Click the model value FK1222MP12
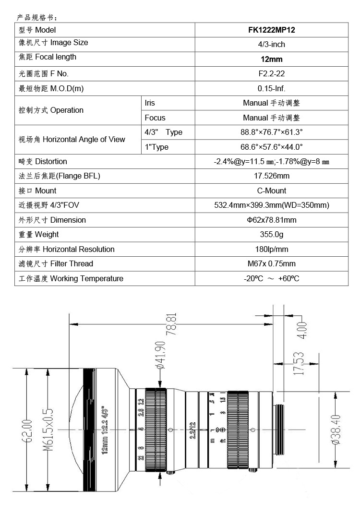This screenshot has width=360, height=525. click(x=271, y=30)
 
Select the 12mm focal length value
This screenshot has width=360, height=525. click(x=271, y=60)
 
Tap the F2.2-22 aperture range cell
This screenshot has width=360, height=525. click(x=271, y=74)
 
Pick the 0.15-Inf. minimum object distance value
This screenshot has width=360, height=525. click(x=271, y=89)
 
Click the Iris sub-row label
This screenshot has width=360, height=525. click(x=150, y=103)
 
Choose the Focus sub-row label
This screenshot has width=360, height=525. click(x=155, y=118)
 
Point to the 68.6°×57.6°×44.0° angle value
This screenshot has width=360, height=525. click(x=271, y=147)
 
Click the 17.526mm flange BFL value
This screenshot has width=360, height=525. click(x=271, y=176)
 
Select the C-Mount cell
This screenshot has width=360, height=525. click(x=271, y=191)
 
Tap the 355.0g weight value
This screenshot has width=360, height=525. click(x=271, y=235)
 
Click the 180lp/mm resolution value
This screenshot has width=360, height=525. click(x=271, y=249)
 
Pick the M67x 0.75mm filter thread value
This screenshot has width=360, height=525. click(x=271, y=263)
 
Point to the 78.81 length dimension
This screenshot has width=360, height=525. click(x=172, y=325)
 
